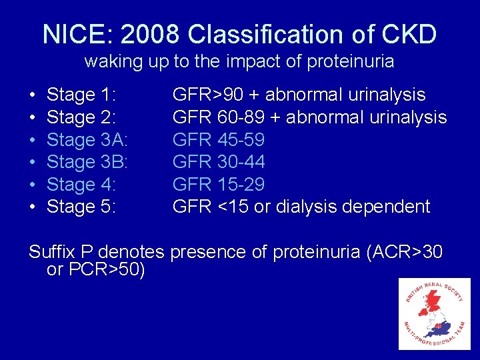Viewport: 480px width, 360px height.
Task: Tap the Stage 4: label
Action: [80, 185]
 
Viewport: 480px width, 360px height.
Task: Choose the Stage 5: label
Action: [80, 207]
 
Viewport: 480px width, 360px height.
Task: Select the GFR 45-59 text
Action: [219, 140]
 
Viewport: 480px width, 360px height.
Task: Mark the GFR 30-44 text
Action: [219, 162]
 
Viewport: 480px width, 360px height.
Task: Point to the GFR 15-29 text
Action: [219, 185]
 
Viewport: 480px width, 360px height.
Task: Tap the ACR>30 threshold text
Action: [411, 252]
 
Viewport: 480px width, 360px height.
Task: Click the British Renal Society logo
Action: [434, 314]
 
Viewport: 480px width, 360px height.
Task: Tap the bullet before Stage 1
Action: [33, 95]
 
